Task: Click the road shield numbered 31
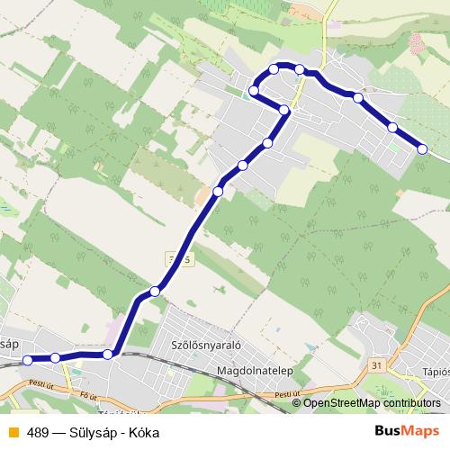point(376,364)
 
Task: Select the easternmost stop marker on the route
point(422,149)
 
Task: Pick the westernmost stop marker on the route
point(27,360)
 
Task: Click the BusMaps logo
point(400,431)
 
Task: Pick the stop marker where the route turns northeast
point(108,354)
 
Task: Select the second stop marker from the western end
point(56,357)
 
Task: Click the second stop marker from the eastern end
point(392,127)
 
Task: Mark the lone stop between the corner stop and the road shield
point(156,291)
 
